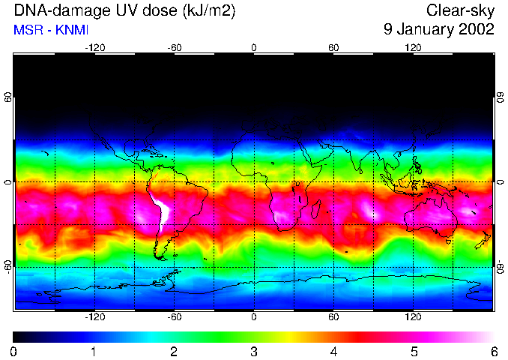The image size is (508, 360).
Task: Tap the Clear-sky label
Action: click(x=460, y=11)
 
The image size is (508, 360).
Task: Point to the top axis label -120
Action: click(x=94, y=47)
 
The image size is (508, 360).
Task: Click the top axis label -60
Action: click(x=175, y=47)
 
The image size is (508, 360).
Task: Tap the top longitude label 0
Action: click(x=254, y=47)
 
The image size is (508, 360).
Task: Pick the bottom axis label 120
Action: click(x=413, y=316)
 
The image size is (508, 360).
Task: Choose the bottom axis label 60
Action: click(x=333, y=316)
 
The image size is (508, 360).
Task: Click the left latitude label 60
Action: click(x=9, y=97)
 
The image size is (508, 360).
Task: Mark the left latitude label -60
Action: click(x=9, y=266)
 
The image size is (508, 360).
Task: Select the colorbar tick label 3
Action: click(x=254, y=351)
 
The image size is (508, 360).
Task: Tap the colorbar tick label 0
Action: click(x=14, y=351)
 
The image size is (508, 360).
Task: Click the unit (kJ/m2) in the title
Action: click(x=202, y=11)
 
